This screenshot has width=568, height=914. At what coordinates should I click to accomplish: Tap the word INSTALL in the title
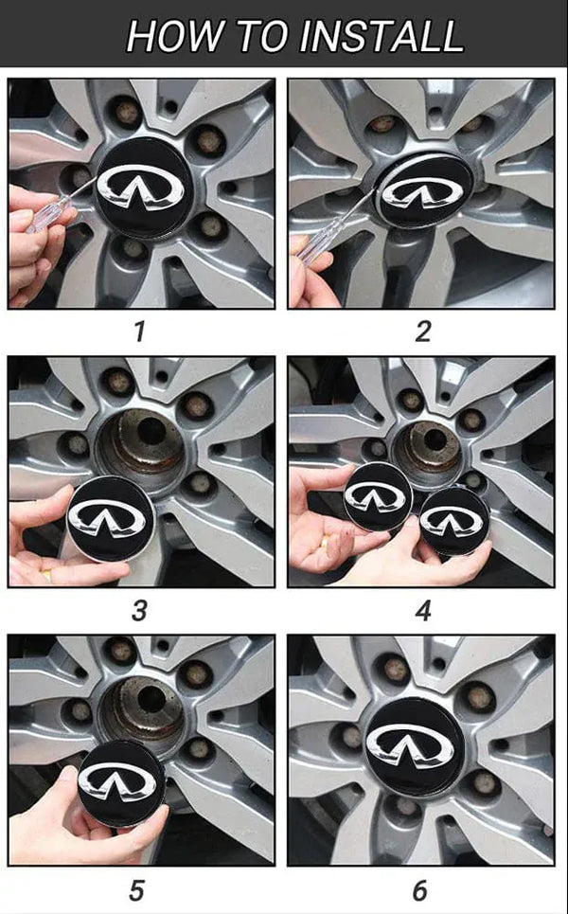(x=382, y=35)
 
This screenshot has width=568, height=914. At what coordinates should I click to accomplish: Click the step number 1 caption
(x=140, y=332)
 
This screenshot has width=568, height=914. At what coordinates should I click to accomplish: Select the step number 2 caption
(x=422, y=332)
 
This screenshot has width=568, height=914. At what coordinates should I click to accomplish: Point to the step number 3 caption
(x=140, y=610)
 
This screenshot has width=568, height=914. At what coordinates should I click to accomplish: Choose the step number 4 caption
(x=422, y=610)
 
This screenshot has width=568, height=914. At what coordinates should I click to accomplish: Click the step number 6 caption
(x=420, y=890)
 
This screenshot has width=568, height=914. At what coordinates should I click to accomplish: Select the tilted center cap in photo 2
(x=423, y=190)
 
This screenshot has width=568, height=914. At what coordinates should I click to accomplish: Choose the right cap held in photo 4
(x=453, y=519)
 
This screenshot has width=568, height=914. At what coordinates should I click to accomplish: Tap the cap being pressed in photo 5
(x=120, y=782)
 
